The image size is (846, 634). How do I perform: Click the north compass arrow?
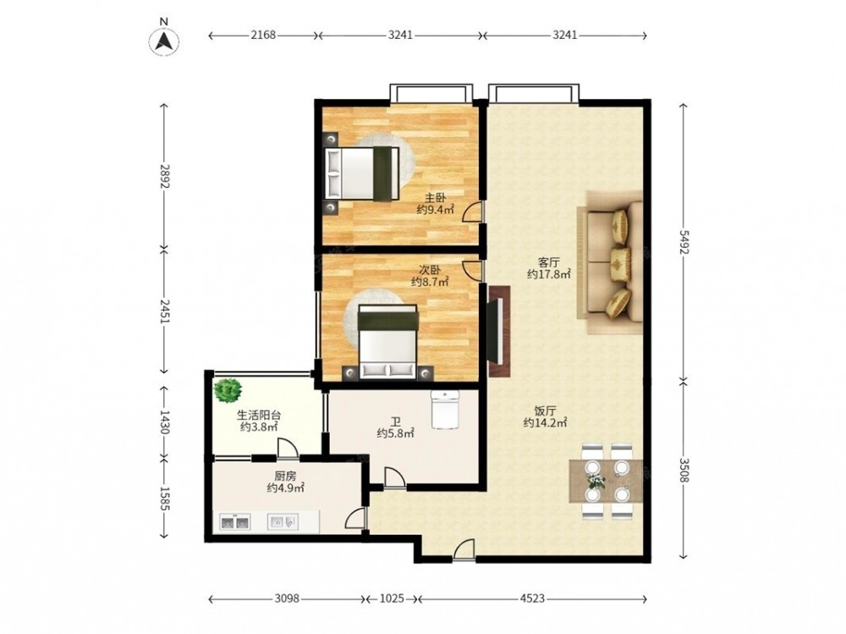click(x=164, y=41)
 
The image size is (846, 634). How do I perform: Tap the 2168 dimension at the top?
click(x=263, y=35)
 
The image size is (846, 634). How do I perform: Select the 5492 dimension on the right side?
click(x=684, y=242)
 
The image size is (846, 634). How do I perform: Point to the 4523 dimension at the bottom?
click(x=532, y=598)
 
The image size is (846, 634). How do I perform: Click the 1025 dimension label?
click(x=391, y=598)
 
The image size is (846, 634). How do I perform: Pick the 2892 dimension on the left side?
click(x=165, y=177)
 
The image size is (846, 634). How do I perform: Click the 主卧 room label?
click(x=435, y=198)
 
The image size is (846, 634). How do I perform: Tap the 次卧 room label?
click(x=430, y=269)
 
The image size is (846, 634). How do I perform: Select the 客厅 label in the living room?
click(x=548, y=262)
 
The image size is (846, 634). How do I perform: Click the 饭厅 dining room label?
click(x=545, y=411)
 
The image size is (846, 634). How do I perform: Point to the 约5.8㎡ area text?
click(x=395, y=433)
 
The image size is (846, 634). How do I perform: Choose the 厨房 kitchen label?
click(x=285, y=477)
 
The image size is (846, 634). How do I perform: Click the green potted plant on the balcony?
click(x=227, y=390)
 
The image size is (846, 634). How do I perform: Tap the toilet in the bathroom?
click(x=445, y=410)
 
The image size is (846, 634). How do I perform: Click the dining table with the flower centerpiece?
click(x=607, y=481)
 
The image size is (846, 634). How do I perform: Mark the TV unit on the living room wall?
click(x=499, y=330)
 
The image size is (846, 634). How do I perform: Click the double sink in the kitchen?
click(x=234, y=523)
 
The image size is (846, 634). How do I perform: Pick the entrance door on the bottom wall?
click(x=464, y=551)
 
